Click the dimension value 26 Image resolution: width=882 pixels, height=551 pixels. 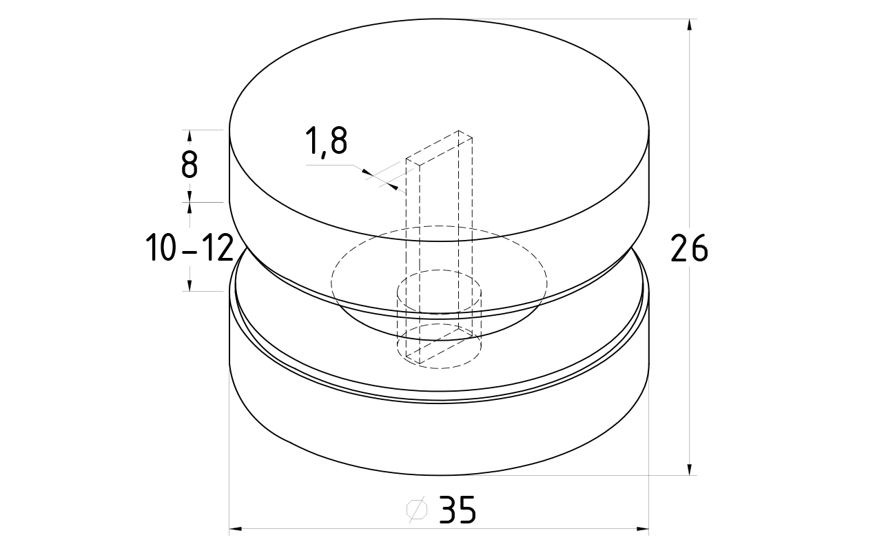(689, 248)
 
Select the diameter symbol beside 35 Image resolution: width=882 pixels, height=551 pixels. (417, 509)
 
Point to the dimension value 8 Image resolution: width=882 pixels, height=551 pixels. (189, 165)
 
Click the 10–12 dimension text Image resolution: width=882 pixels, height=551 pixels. (189, 248)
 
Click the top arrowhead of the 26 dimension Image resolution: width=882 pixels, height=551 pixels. (689, 24)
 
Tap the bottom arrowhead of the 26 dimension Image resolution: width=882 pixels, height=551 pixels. (689, 469)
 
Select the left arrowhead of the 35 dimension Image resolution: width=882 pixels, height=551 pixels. (236, 528)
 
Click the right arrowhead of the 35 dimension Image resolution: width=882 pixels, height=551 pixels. (643, 528)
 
